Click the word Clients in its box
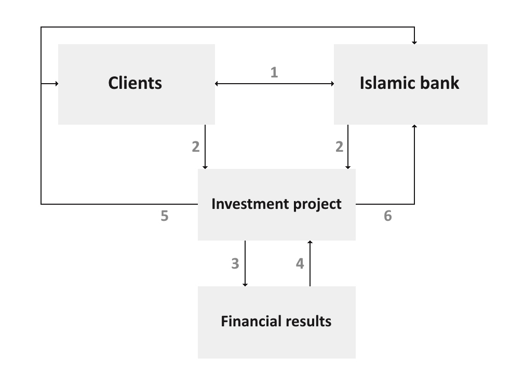[135, 83]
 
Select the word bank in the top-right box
[441, 83]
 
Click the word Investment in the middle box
[245, 204]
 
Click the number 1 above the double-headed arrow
[274, 72]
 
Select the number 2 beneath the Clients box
[195, 147]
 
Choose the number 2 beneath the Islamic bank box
[339, 147]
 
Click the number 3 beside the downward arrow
[235, 263]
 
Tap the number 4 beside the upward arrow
[300, 263]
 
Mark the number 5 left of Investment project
[164, 216]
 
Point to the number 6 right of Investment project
[387, 216]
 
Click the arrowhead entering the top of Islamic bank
[414, 42]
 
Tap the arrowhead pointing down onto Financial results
[245, 284]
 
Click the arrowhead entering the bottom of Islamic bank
[414, 127]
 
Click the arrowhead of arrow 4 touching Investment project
[310, 243]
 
